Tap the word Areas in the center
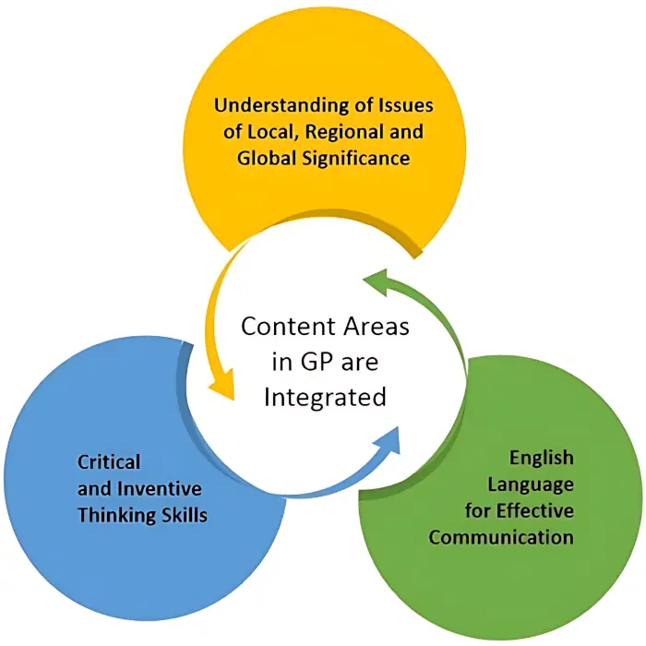[371, 327]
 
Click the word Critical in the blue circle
[109, 461]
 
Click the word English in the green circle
[541, 459]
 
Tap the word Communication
[501, 537]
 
